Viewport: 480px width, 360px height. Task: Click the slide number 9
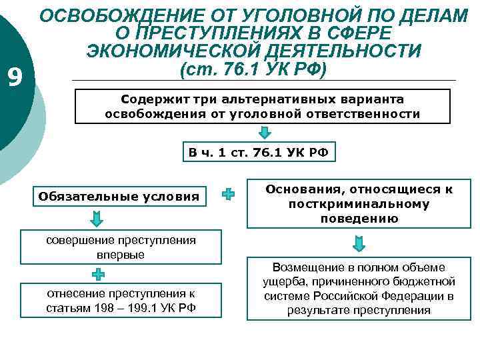coord(15,78)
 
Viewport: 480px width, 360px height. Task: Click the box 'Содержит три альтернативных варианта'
coord(262,106)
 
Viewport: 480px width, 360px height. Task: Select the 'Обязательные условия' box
coord(119,196)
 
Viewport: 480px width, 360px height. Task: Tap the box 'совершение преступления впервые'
coord(121,247)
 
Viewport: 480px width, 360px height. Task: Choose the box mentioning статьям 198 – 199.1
coord(121,299)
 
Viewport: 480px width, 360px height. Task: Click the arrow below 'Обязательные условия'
coord(97,219)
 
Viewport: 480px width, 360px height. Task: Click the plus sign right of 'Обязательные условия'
coord(228,195)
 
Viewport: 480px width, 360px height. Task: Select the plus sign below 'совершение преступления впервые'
coord(97,273)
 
